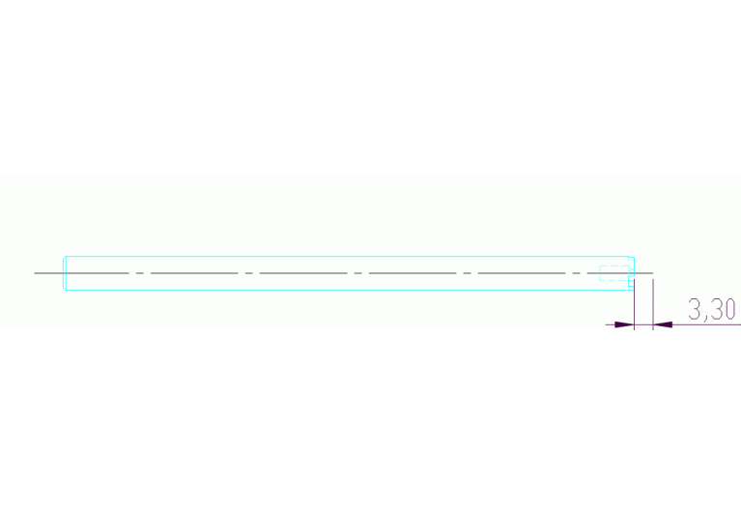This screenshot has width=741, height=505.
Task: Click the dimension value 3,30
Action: point(711,309)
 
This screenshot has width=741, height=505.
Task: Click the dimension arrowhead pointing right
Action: point(624,324)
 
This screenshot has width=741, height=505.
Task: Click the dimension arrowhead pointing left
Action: point(663,324)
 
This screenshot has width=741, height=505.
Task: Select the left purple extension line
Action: point(634,304)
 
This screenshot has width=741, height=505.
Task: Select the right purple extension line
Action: point(653,304)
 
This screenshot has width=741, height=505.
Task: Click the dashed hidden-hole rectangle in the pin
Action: point(614,273)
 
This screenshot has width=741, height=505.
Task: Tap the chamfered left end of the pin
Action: point(65,273)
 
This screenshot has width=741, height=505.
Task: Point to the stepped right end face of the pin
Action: point(632,273)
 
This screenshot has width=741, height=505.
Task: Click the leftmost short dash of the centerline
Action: point(139,273)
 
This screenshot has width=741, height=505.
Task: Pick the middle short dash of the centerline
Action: point(357,273)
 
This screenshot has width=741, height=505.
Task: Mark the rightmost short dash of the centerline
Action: point(576,273)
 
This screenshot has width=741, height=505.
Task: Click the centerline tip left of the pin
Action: point(35,273)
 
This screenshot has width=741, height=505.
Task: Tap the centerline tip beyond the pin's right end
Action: point(653,273)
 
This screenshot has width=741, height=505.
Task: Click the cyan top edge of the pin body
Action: point(348,257)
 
